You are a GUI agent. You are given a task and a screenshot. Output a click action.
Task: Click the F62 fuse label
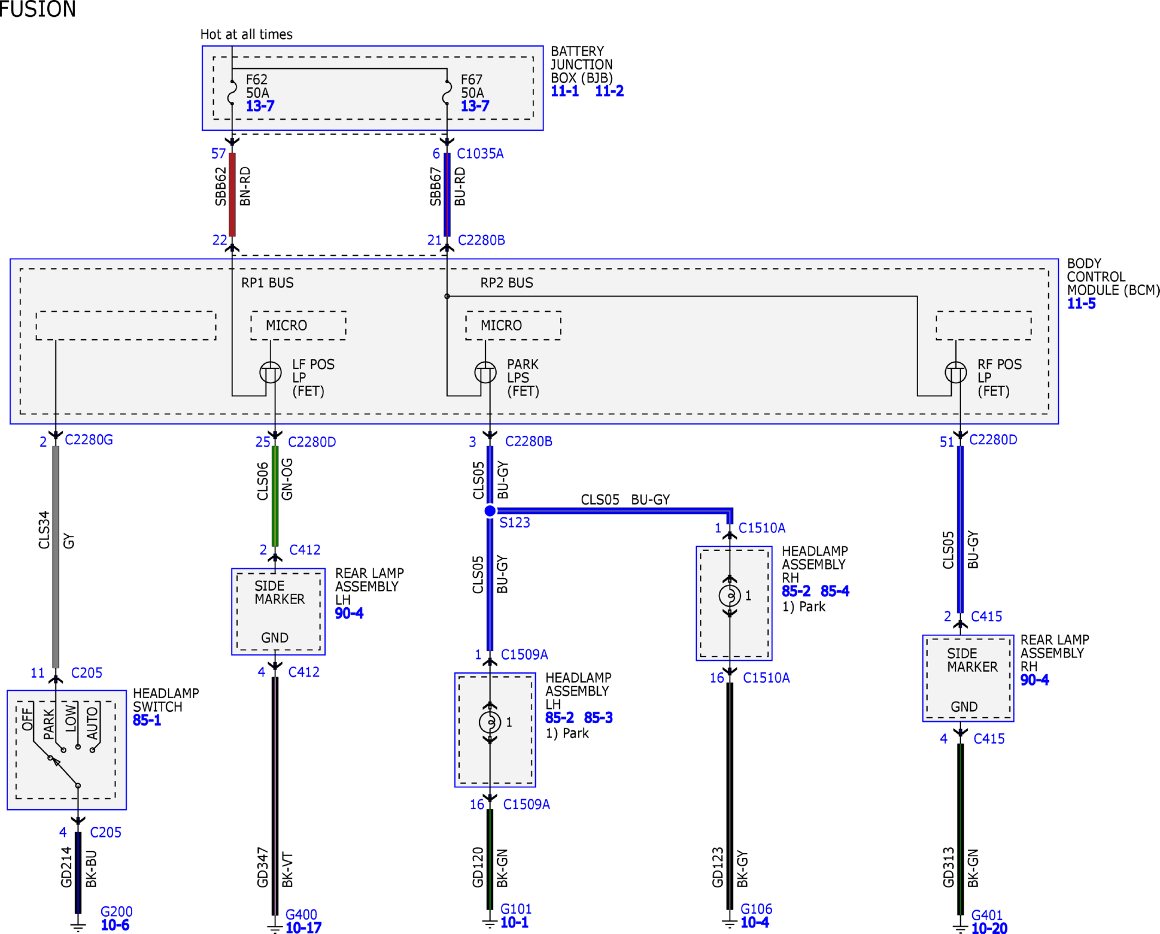coord(257,80)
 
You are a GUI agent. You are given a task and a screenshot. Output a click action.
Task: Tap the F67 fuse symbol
coord(447,92)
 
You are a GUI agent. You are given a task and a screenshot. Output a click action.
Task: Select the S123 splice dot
coord(490,511)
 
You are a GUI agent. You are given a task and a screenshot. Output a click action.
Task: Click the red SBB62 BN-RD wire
coord(232,194)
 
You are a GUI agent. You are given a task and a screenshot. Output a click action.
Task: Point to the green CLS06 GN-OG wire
coord(275,496)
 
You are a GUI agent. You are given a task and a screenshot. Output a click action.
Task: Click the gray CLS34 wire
coord(56,557)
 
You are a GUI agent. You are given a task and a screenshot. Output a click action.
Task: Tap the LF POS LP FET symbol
coord(271,373)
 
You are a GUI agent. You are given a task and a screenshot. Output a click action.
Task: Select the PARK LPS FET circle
coord(485,373)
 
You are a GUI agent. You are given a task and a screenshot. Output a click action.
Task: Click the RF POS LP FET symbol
coord(956,373)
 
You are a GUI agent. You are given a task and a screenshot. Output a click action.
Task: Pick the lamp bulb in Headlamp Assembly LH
coord(490,722)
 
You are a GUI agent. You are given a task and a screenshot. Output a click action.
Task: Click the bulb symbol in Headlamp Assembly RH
coord(730,595)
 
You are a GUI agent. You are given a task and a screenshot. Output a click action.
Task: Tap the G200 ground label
coord(117,911)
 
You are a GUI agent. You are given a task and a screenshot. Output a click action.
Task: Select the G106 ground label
coord(756,908)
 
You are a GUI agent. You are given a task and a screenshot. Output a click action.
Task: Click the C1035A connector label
coord(480,154)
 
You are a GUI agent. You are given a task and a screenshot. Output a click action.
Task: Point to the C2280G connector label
coord(89,439)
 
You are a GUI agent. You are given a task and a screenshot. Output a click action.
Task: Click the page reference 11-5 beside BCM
coord(1082,303)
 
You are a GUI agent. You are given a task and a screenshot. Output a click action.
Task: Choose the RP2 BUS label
coord(506,283)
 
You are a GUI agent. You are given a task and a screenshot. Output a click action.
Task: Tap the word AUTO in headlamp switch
coord(92,723)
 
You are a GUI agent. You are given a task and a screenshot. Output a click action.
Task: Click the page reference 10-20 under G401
coord(990,928)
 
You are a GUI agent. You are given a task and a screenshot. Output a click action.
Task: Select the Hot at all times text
coord(246,34)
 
